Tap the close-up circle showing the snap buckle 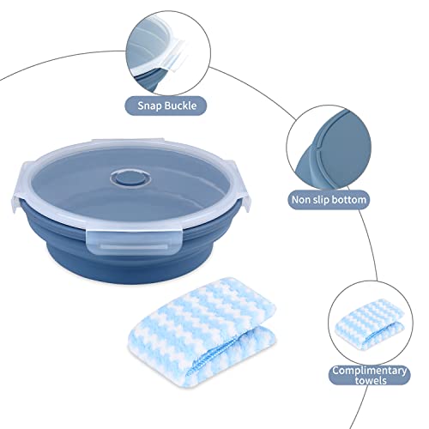pos(166,47)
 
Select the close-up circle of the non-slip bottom pos(327,138)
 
